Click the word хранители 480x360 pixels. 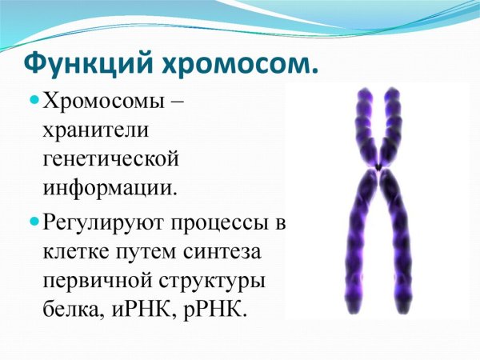(x=94, y=130)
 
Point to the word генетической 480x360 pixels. (x=110, y=159)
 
